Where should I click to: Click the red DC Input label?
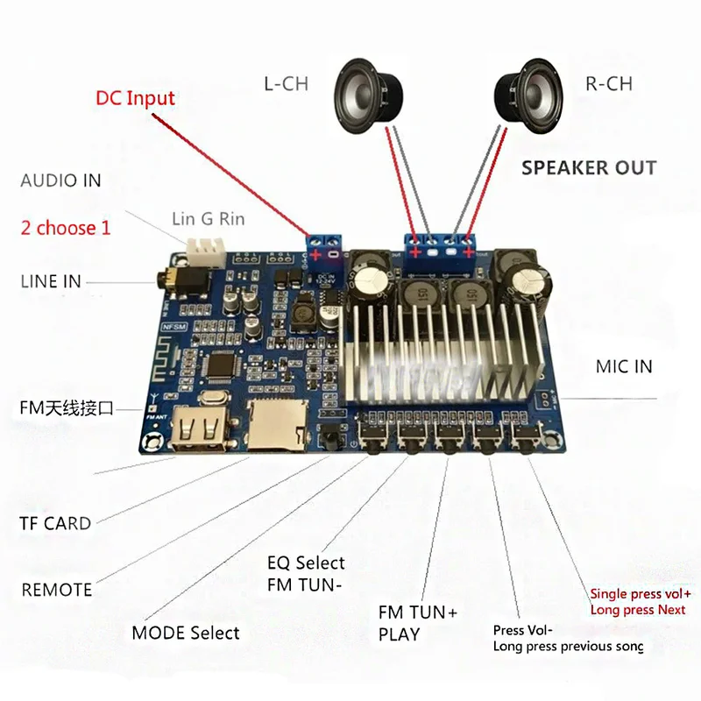(x=135, y=98)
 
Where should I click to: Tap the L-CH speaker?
(x=368, y=96)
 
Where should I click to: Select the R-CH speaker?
(x=529, y=96)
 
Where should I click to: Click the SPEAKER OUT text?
(x=589, y=167)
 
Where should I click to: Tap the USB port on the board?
(x=200, y=429)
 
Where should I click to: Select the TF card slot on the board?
(x=278, y=424)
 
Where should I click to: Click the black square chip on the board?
(x=223, y=364)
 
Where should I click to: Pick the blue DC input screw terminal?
(x=324, y=249)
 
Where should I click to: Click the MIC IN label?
(x=624, y=366)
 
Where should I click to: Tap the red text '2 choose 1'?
(x=65, y=228)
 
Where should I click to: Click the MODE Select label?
(x=186, y=633)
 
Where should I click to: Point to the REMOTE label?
(x=57, y=590)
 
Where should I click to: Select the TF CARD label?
(x=55, y=523)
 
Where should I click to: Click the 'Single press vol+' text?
(x=641, y=594)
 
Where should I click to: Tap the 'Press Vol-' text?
(x=522, y=630)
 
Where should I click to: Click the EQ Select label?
(x=306, y=563)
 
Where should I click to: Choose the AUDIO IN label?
(x=60, y=181)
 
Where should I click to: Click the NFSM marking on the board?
(x=173, y=327)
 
